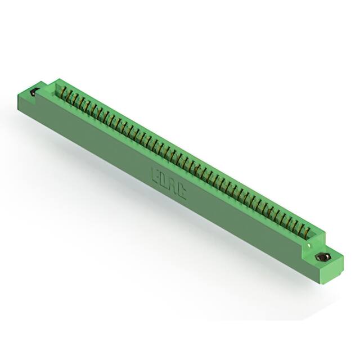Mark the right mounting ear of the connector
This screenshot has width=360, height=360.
(326, 262)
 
